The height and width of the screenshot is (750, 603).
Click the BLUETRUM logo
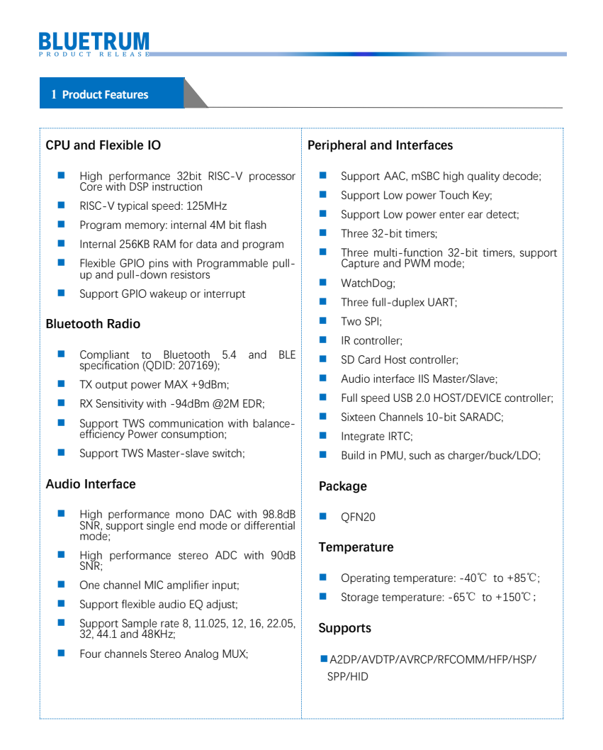click(x=94, y=43)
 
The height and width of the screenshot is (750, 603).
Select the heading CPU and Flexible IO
click(x=103, y=145)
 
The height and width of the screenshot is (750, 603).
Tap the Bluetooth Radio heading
click(x=93, y=324)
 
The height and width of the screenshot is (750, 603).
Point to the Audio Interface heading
click(x=91, y=484)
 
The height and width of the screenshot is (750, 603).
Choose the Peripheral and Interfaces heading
click(x=380, y=145)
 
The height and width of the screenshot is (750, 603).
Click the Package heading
click(x=343, y=486)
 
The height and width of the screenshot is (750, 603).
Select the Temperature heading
click(x=356, y=547)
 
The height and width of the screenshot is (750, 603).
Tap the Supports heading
click(x=344, y=628)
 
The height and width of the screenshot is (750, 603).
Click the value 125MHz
click(x=205, y=206)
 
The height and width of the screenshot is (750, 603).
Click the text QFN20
click(x=358, y=517)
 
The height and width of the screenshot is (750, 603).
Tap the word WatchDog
click(x=368, y=284)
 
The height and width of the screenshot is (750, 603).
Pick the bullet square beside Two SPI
click(x=323, y=321)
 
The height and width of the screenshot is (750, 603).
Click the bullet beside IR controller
click(x=323, y=340)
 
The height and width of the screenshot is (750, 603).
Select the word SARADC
click(x=480, y=418)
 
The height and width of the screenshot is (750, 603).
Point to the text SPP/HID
click(x=347, y=677)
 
